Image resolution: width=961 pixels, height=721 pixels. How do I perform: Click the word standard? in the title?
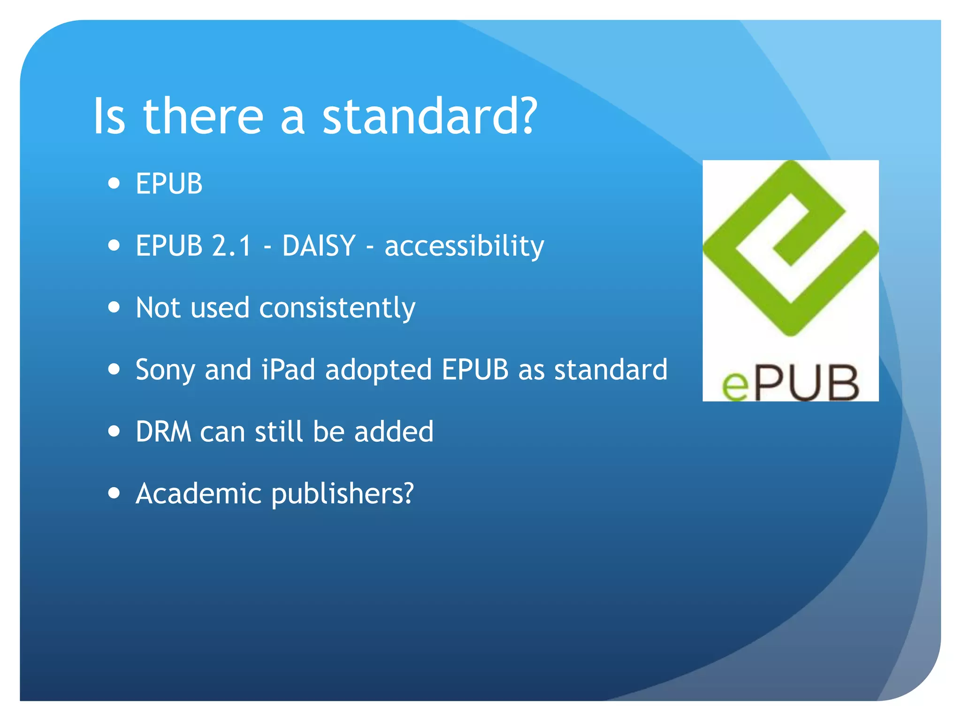click(x=429, y=116)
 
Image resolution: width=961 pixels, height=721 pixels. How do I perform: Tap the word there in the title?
click(x=203, y=116)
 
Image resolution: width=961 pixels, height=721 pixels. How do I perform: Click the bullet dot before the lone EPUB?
click(x=114, y=183)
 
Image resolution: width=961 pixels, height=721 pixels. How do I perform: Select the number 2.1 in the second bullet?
click(x=232, y=245)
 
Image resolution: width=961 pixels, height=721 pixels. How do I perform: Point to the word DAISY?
click(x=319, y=245)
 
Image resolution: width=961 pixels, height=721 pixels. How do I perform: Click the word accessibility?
click(x=464, y=246)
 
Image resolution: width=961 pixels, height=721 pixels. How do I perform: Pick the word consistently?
click(x=337, y=308)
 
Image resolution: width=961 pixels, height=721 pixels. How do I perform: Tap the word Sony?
click(x=165, y=370)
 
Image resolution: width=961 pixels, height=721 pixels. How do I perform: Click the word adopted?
click(x=378, y=370)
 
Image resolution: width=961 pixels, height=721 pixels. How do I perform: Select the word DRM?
click(x=163, y=431)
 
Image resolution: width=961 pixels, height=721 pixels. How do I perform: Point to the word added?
click(x=394, y=431)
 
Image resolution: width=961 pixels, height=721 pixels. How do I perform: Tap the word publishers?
click(x=343, y=494)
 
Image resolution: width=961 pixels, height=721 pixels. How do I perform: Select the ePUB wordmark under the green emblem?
click(x=791, y=383)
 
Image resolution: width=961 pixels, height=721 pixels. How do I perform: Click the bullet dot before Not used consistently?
click(x=114, y=307)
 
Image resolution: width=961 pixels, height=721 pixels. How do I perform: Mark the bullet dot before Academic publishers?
click(x=114, y=493)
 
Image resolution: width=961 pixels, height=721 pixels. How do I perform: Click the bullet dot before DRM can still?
click(x=114, y=431)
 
